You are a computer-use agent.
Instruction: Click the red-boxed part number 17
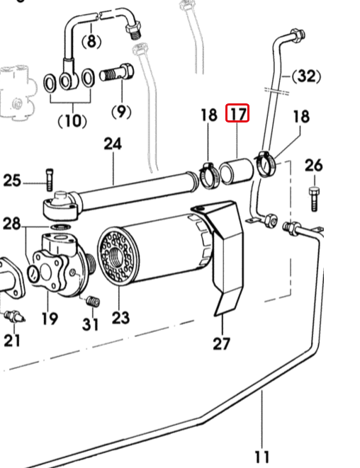pos(237,113)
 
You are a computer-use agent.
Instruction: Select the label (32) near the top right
pos(306,76)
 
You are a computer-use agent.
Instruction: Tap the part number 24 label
pos(113,144)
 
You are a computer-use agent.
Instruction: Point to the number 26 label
pos(314,166)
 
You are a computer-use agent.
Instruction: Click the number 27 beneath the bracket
pos(222,344)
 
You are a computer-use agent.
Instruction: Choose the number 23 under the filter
pos(120,316)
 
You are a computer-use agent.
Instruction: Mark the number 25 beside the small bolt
pos(13,181)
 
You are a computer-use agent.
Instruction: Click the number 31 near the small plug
pos(90,325)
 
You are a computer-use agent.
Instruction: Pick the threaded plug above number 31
pos(91,302)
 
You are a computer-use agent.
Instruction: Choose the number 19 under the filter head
pos(49,318)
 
